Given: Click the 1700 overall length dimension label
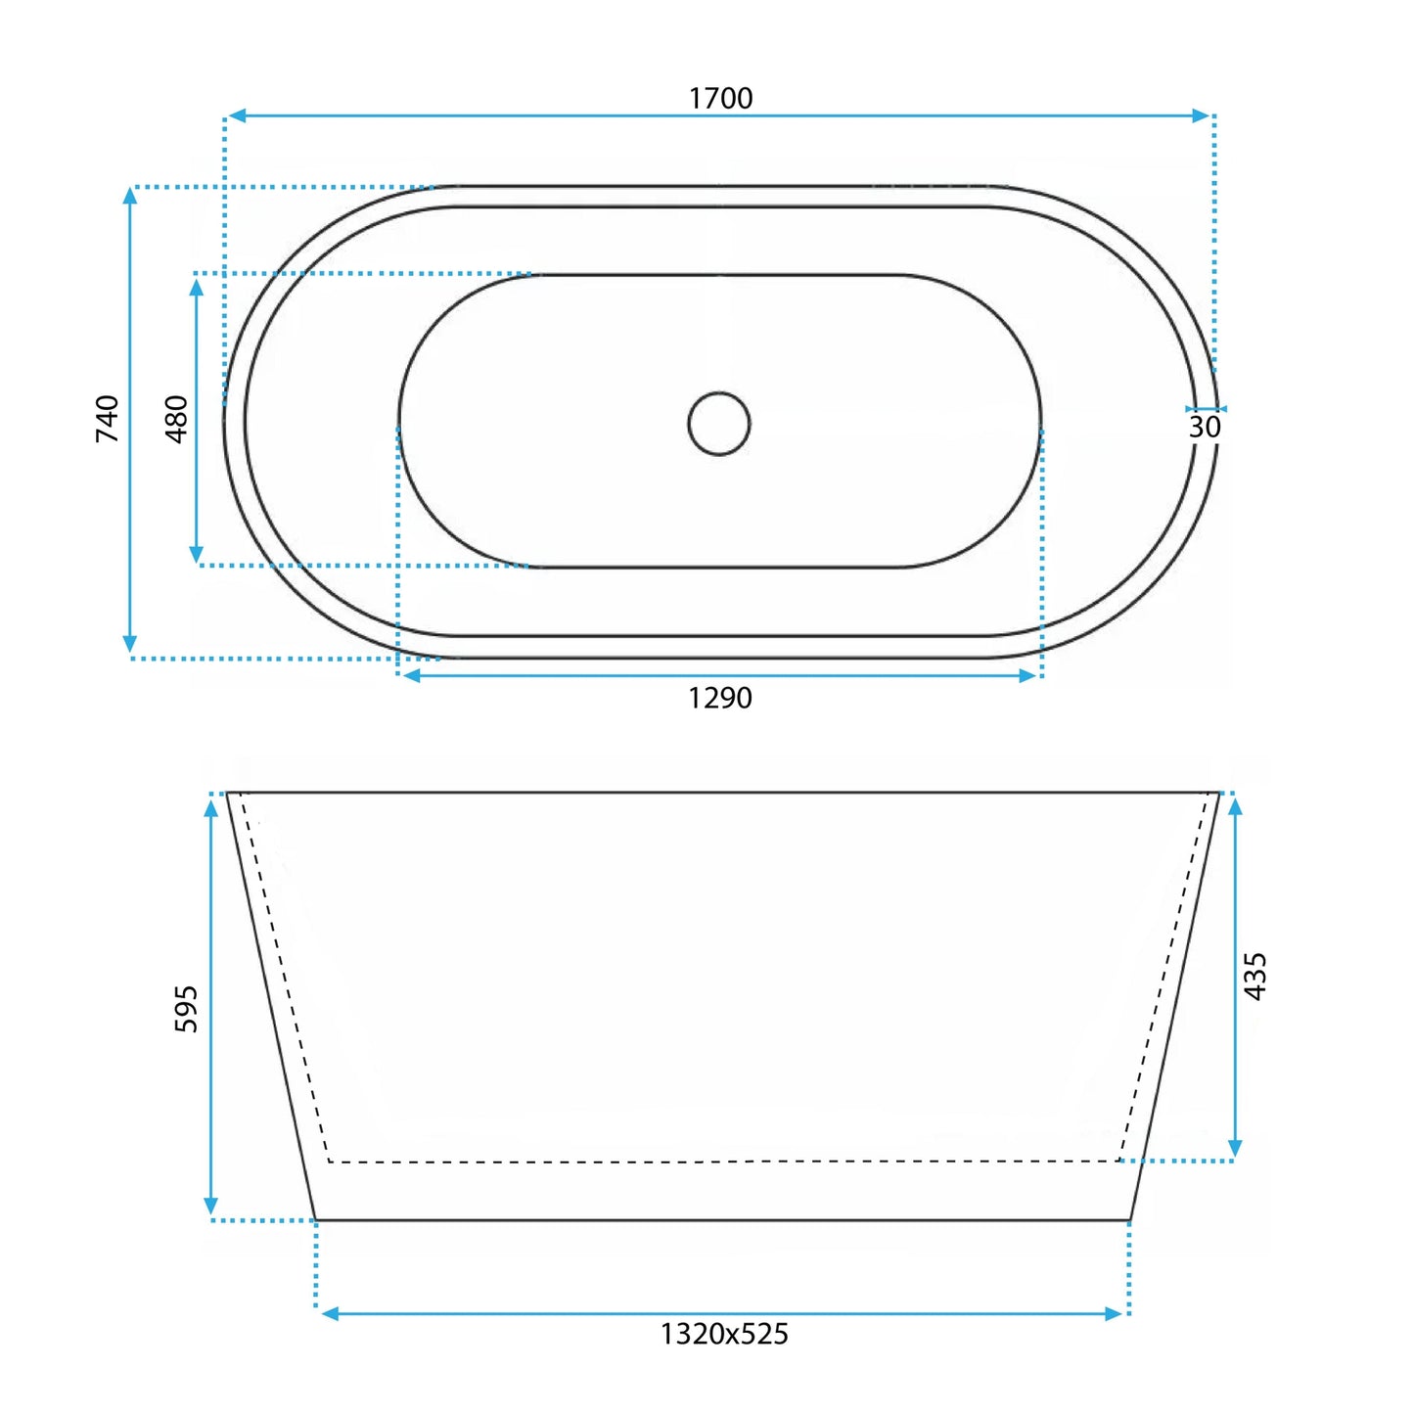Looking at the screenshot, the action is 720,99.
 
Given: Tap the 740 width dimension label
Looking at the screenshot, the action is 108,418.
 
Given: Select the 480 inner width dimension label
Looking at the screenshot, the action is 177,419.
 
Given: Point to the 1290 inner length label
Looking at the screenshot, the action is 720,699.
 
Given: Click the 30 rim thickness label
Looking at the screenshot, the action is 1205,427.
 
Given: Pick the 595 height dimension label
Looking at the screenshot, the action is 186,1009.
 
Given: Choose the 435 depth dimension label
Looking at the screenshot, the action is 1255,976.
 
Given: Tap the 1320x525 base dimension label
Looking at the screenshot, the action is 724,1334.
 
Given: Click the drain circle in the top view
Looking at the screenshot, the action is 719,392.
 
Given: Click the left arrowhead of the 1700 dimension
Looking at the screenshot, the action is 236,115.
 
